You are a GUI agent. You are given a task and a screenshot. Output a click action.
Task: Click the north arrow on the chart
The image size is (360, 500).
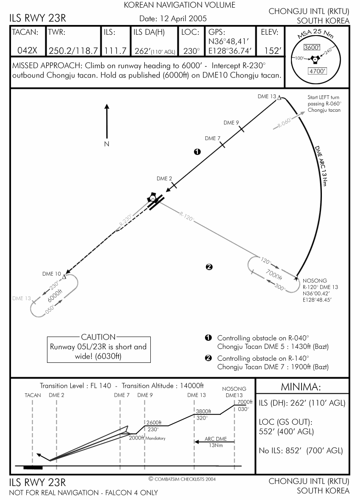coord(107,121)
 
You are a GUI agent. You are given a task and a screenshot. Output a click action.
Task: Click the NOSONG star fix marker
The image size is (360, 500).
coord(296,279)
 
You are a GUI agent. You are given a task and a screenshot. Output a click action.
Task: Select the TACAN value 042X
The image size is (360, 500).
coord(27,50)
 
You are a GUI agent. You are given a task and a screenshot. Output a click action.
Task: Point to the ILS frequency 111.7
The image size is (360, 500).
coord(116,51)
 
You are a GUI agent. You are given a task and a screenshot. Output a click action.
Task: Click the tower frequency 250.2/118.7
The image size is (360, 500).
coord(73,51)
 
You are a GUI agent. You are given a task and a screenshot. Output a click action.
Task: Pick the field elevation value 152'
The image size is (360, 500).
coord(273,51)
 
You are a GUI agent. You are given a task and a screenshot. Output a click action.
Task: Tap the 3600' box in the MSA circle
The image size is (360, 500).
coord(312,47)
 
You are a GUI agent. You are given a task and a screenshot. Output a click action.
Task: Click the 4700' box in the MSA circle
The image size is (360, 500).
coord(317,71)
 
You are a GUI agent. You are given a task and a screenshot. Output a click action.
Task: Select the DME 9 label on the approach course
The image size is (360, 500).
coord(231,122)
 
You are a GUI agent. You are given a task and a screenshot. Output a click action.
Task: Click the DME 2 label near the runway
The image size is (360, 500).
coord(164,179)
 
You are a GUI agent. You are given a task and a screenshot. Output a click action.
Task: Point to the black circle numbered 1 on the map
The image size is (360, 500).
coord(197,152)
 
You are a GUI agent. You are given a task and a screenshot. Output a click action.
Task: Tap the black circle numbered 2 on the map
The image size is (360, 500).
coord(209,267)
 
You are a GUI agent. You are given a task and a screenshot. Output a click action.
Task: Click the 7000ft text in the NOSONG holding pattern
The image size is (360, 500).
coord(274,274)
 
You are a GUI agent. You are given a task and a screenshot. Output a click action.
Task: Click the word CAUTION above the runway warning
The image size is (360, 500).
coord(98,337)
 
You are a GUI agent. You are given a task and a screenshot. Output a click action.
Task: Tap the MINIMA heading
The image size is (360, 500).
coord(301,387)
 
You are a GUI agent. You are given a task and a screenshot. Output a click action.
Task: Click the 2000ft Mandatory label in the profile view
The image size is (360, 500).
coord(147,438)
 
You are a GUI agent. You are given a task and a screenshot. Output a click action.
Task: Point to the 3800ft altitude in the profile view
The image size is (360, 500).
coord(203,412)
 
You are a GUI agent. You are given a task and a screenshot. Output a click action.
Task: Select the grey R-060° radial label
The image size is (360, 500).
coord(285,122)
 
